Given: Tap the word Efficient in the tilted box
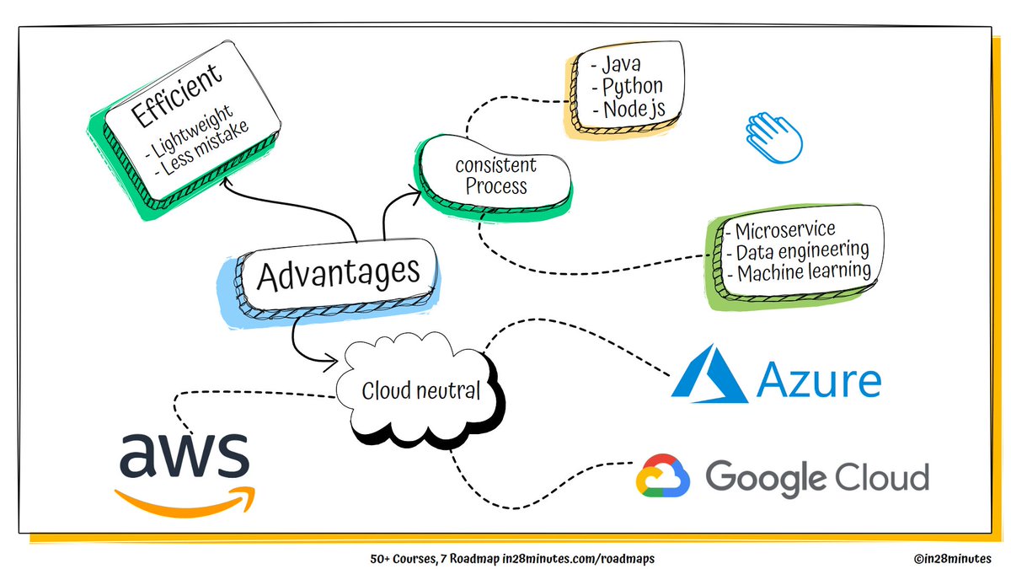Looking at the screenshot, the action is coord(176,95).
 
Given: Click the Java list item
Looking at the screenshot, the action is coord(616,65).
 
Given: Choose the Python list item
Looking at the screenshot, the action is coord(628,87).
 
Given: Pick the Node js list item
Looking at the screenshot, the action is coord(629,110).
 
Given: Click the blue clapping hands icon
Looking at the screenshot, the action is coord(773,137).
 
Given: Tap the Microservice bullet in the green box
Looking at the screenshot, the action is coord(781,231).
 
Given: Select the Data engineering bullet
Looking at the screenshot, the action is coord(798,251).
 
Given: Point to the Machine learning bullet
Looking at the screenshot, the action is coord(800,273).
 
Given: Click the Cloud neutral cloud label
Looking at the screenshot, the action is coord(420,390).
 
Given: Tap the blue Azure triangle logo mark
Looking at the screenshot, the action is coord(709,376).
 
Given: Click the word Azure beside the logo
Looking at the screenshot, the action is coord(819,379).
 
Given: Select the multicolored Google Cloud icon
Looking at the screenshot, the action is coord(662,475).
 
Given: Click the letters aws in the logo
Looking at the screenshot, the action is coord(185,455).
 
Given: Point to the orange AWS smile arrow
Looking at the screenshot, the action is coord(186,502).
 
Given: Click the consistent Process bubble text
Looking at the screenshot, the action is coord(495,176).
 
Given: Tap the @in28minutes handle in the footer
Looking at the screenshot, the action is coord(952,559).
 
